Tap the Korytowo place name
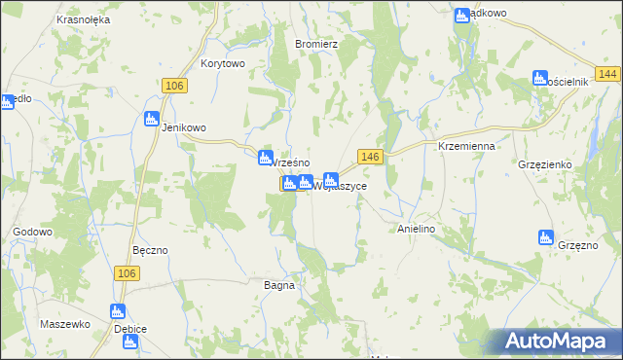coord(223,63)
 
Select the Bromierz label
coord(315,44)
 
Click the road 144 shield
coord(609,75)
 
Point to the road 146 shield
coord(368,156)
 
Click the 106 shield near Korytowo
coord(174,87)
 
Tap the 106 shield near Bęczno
coord(126,273)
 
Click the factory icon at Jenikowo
coord(151,119)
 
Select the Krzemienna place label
coord(467,145)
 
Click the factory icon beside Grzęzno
coord(546,236)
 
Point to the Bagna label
coord(279,285)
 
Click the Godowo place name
coord(32,232)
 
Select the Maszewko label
coord(65,323)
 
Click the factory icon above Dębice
coord(118,311)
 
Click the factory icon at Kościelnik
coord(540,78)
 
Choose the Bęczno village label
coord(150,250)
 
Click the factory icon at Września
coord(265,158)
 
